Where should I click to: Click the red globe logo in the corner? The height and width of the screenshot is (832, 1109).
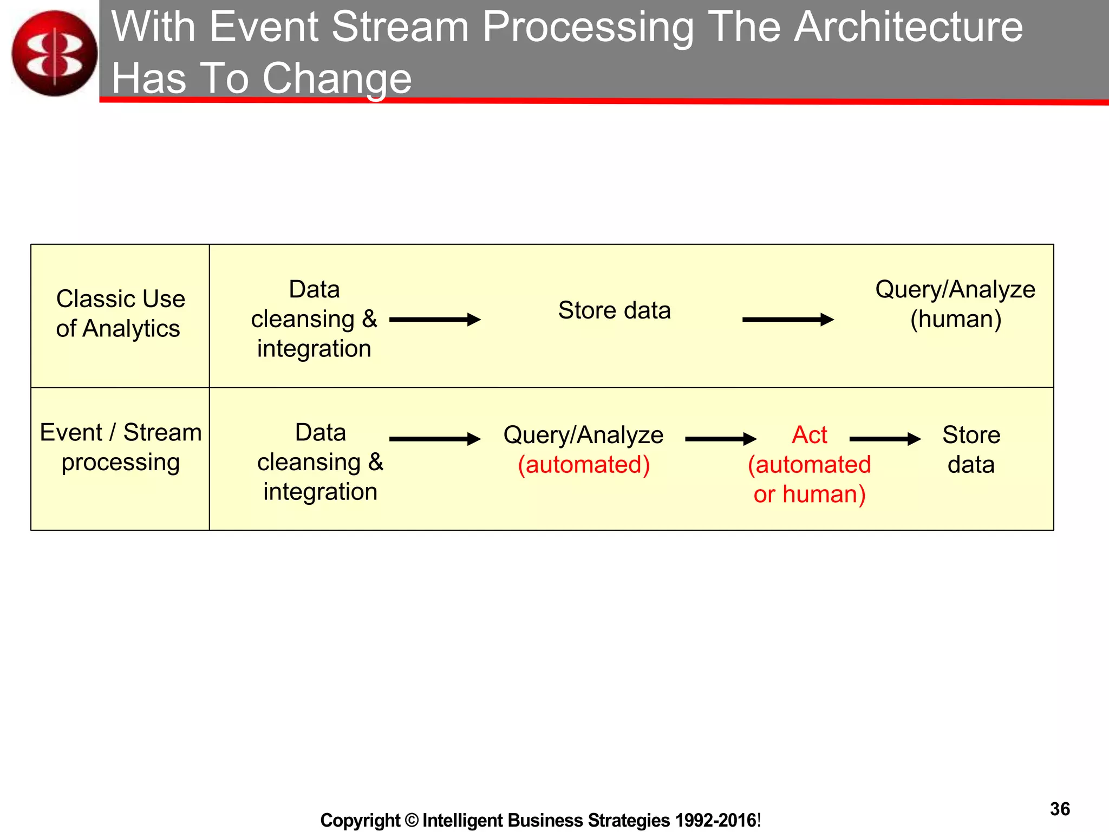point(54,53)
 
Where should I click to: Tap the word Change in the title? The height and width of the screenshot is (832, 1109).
point(337,79)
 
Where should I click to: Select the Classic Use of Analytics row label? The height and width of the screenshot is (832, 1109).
point(120,314)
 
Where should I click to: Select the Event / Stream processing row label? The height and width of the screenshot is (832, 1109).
point(120,447)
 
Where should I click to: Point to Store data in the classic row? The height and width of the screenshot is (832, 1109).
point(614,310)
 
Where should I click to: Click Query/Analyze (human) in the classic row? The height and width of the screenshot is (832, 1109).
point(955,304)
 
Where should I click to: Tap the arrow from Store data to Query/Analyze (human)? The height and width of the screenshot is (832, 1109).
point(787,320)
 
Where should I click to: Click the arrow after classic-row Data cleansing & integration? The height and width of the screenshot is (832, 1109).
point(435,320)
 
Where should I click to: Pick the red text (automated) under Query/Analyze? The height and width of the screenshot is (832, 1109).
point(584,465)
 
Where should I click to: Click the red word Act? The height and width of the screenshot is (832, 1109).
point(809,435)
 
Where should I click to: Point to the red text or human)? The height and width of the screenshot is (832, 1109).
point(810,495)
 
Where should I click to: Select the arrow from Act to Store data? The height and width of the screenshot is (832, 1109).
point(885,439)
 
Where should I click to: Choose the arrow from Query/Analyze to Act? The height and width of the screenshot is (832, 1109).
point(720,439)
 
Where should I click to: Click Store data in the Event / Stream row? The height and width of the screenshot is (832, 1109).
point(971,450)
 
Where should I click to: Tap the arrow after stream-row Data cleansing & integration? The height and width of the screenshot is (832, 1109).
point(435,439)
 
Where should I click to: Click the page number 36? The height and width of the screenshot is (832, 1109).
point(1060,809)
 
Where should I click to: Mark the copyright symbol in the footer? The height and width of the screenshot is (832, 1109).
point(412,820)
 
